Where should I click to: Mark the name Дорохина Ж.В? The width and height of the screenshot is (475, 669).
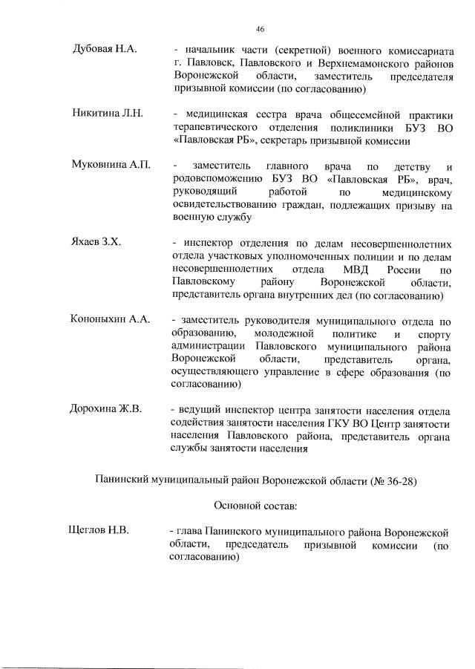click(106, 409)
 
